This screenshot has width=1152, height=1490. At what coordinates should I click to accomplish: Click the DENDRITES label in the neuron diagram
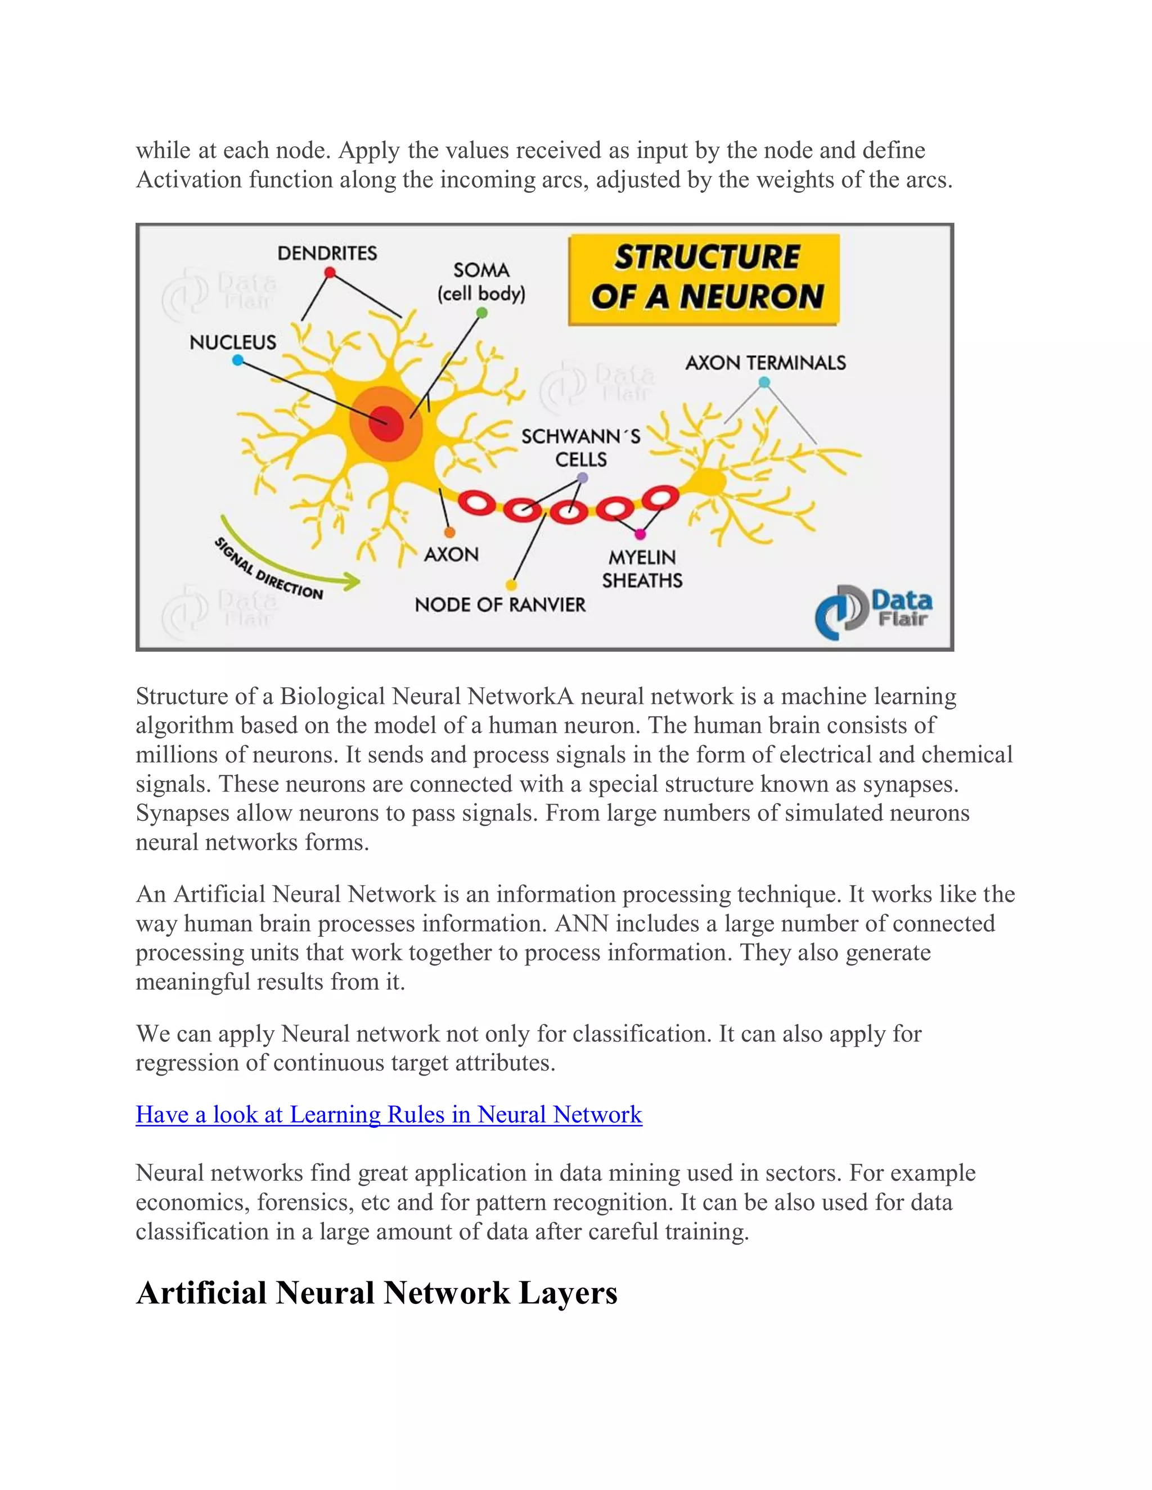pyautogui.click(x=327, y=253)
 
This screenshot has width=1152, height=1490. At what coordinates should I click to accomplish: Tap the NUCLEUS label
pyautogui.click(x=233, y=342)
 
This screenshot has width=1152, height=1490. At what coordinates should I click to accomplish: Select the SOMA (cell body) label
pyautogui.click(x=481, y=282)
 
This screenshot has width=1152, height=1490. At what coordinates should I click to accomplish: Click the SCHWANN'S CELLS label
pyautogui.click(x=580, y=448)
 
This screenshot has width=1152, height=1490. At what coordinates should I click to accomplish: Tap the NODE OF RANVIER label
pyautogui.click(x=499, y=604)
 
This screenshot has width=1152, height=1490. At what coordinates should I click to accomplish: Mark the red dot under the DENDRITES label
pyautogui.click(x=330, y=273)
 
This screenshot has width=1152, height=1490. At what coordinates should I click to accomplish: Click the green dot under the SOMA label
pyautogui.click(x=482, y=313)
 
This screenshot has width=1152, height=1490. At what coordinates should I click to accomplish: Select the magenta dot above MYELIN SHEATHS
pyautogui.click(x=640, y=534)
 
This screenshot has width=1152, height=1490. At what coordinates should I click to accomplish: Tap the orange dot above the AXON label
pyautogui.click(x=449, y=532)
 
